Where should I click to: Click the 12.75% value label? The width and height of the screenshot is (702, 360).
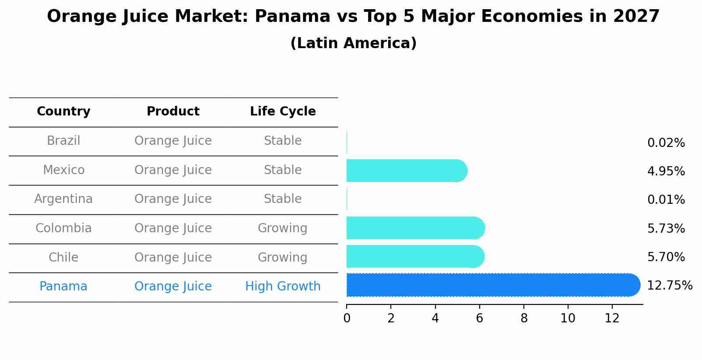pyautogui.click(x=669, y=286)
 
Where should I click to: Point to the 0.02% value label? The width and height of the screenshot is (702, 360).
pyautogui.click(x=666, y=143)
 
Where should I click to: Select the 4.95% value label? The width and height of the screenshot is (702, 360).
pyautogui.click(x=666, y=171)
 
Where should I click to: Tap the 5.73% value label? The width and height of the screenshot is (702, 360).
pyautogui.click(x=666, y=228)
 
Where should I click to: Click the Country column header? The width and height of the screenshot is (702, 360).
pyautogui.click(x=63, y=112)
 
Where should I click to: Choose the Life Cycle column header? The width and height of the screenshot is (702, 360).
pyautogui.click(x=283, y=112)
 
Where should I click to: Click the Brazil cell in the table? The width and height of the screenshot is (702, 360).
pyautogui.click(x=63, y=141)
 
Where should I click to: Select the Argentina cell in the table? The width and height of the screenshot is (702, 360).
pyautogui.click(x=63, y=199)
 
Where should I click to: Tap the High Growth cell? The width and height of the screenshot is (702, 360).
pyautogui.click(x=283, y=287)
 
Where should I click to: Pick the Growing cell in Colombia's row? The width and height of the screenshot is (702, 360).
pyautogui.click(x=283, y=228)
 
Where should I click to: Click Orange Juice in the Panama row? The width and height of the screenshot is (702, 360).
pyautogui.click(x=173, y=287)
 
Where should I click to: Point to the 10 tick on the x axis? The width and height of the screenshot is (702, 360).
pyautogui.click(x=568, y=318)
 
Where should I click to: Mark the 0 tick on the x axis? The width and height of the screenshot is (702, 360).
pyautogui.click(x=347, y=318)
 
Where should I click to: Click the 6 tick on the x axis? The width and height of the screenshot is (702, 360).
pyautogui.click(x=479, y=318)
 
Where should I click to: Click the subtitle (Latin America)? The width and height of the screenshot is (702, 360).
pyautogui.click(x=353, y=43)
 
